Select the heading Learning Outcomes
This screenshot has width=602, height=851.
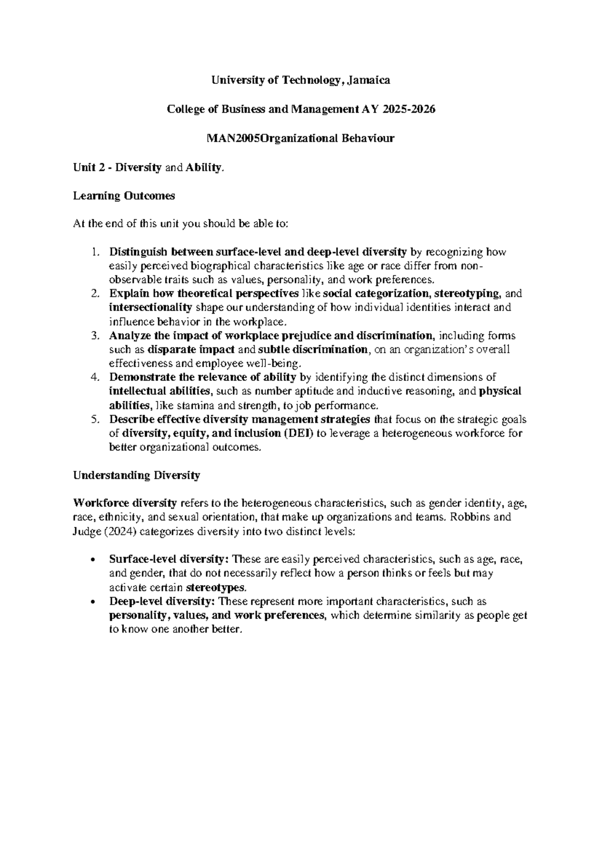(x=124, y=196)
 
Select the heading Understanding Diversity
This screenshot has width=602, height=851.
(x=136, y=475)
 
